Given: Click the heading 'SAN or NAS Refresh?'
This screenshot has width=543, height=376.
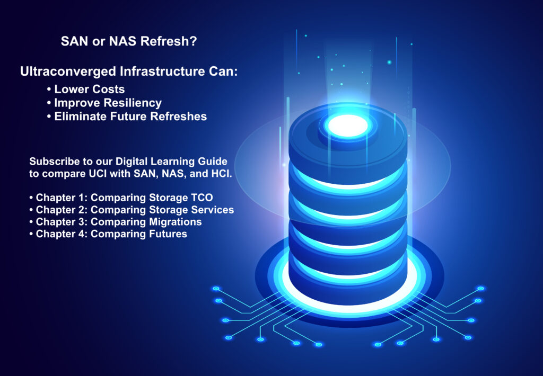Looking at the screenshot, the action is click(x=129, y=41).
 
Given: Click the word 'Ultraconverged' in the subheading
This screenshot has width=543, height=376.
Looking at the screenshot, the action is click(x=68, y=71).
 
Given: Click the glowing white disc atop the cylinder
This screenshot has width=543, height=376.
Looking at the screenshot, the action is click(x=348, y=126).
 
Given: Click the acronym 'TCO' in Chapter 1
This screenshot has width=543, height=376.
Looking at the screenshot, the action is click(x=202, y=198).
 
